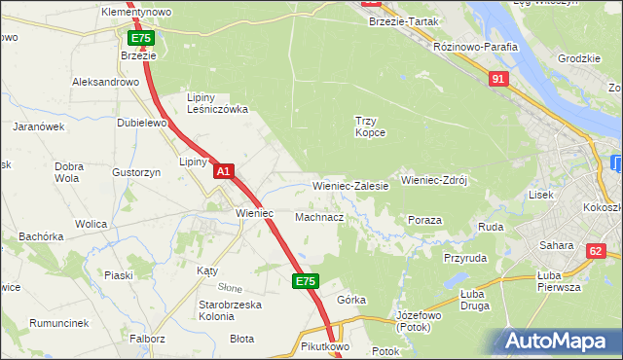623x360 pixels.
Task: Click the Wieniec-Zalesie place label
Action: click(x=350, y=185)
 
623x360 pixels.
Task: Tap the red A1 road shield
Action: click(x=224, y=171)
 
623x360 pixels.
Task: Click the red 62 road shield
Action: click(x=595, y=251)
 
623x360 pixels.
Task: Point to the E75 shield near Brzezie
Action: click(x=141, y=38)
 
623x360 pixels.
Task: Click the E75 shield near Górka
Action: click(x=305, y=281)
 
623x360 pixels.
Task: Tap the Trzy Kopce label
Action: click(x=370, y=126)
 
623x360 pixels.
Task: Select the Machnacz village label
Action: click(x=318, y=217)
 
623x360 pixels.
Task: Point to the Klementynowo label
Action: click(x=136, y=12)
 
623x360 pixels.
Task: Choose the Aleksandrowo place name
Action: click(x=105, y=83)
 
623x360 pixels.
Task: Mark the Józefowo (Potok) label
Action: click(x=421, y=322)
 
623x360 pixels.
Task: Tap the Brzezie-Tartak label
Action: click(x=403, y=21)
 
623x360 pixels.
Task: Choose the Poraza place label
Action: click(x=424, y=221)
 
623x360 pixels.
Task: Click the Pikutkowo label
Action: click(x=324, y=346)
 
